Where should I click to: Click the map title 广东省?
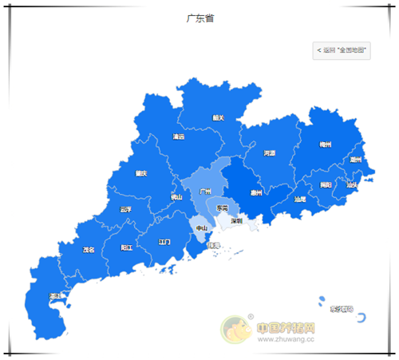point(199,18)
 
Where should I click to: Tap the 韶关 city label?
point(218,117)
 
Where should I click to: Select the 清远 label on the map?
point(178,136)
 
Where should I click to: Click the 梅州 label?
point(325,144)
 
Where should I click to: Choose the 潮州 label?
point(355,160)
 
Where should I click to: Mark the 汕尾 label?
point(299,199)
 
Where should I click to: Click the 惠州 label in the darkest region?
point(255,192)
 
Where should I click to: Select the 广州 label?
point(205,192)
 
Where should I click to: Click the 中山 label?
point(202,228)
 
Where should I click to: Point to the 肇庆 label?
point(141,173)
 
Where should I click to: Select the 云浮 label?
point(124,210)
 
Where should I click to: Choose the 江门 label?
point(164,241)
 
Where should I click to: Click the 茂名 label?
point(89,250)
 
